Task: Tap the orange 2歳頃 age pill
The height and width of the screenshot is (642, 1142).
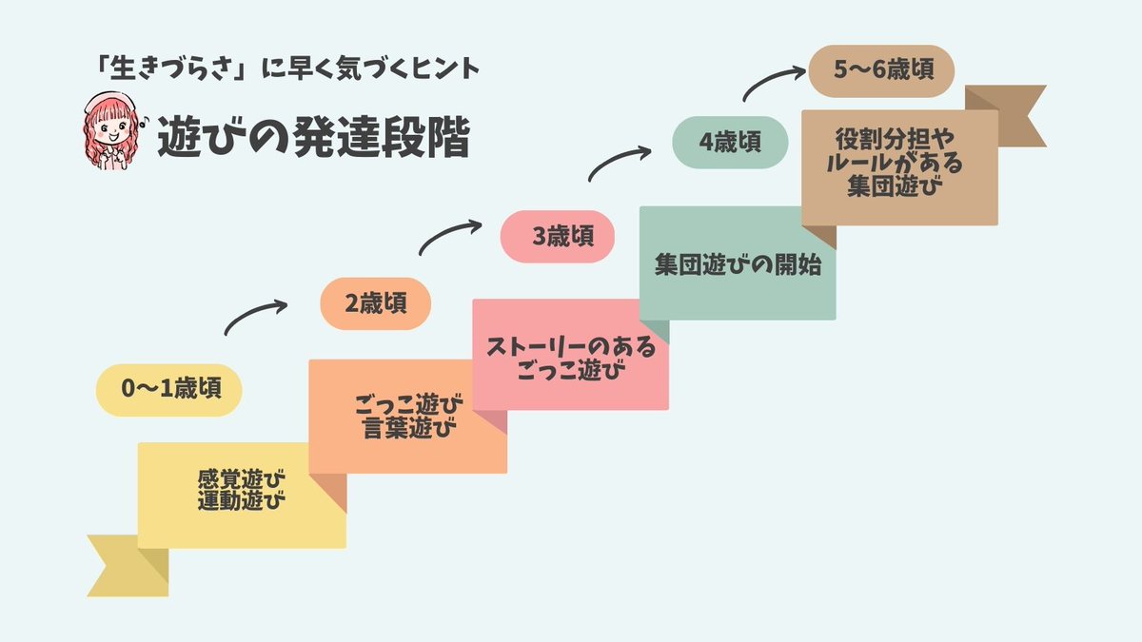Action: [x=376, y=303]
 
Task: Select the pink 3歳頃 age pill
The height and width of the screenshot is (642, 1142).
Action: [x=558, y=236]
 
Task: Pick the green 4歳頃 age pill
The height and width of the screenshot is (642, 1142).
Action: [x=730, y=142]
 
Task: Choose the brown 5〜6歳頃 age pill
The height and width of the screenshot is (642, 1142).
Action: [x=880, y=69]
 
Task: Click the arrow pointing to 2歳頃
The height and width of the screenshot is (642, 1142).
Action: [x=254, y=318]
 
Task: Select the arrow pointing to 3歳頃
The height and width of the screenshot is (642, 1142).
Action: [x=449, y=237]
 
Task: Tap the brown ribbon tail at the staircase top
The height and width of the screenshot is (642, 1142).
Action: [x=1010, y=112]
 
